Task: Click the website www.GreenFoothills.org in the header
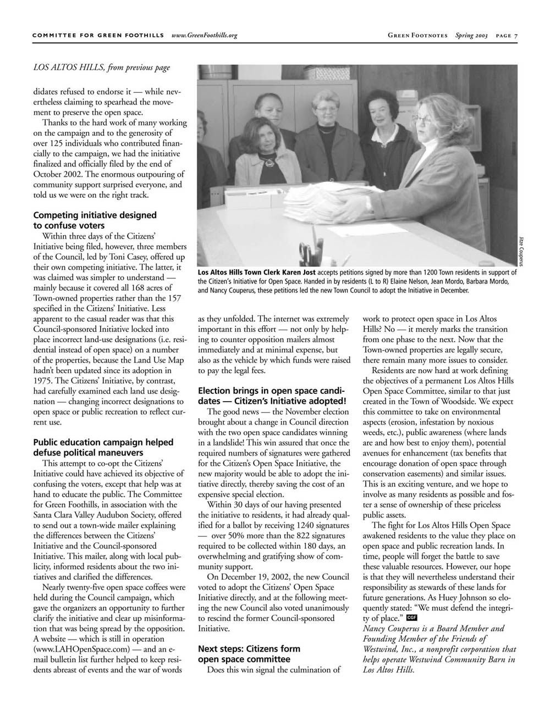point(204,36)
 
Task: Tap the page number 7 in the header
point(515,36)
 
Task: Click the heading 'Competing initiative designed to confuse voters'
point(95,220)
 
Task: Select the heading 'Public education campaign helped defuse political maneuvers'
point(103,447)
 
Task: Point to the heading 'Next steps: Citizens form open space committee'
point(249,654)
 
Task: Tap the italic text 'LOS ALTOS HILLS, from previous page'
point(102,68)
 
